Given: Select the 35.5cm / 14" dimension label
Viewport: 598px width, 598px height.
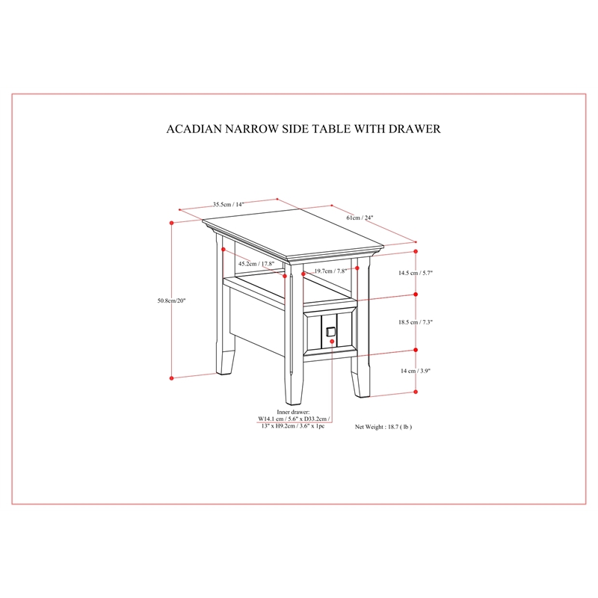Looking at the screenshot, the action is click(x=229, y=204).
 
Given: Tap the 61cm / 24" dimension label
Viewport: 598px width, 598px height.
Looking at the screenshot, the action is click(x=360, y=218).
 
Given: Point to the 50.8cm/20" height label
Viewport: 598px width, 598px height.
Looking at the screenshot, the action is click(x=172, y=300).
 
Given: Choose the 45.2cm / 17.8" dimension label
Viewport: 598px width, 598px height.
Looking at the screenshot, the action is click(x=256, y=264).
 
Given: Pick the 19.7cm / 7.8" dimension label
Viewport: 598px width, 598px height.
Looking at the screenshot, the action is click(x=330, y=271).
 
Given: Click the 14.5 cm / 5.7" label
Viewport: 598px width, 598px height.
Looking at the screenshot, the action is click(x=416, y=273).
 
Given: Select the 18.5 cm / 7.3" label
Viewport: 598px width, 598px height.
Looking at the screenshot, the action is click(x=416, y=322).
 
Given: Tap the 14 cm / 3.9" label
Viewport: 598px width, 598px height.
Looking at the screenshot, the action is click(x=416, y=371).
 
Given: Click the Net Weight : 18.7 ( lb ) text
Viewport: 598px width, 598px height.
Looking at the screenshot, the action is click(x=383, y=427).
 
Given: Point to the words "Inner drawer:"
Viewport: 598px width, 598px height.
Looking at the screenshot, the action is click(x=293, y=412).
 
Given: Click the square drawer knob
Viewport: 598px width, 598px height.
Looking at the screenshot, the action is click(x=330, y=331).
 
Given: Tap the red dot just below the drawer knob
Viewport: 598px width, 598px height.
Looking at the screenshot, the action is click(x=332, y=342).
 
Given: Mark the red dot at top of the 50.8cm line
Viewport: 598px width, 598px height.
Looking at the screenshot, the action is click(x=172, y=223).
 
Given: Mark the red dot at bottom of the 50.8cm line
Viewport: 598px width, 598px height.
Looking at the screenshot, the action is click(x=172, y=378).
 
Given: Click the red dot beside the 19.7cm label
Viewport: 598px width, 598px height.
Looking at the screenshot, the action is click(x=303, y=274).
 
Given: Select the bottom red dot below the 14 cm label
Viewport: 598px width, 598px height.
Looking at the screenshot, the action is click(x=416, y=392).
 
